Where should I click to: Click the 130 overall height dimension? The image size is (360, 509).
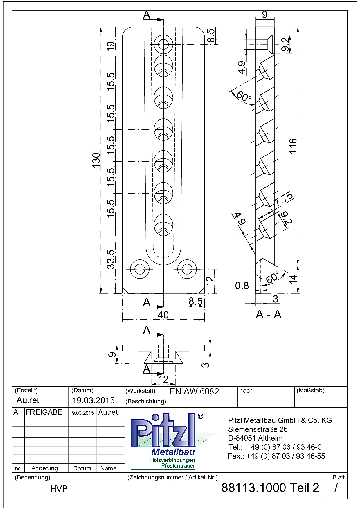coord(96,160)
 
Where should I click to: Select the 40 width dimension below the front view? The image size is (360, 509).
coord(163,315)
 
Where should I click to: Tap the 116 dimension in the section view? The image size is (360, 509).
coord(293,146)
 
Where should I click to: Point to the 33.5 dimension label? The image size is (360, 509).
coord(111,259)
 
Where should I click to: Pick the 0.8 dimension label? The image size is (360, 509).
coord(242,286)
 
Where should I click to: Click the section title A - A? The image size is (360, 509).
coord(269,314)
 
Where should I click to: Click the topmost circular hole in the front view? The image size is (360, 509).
coord(163,44)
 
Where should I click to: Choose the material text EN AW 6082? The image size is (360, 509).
coord(194,391)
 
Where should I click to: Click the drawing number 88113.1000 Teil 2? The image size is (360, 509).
coord(270,488)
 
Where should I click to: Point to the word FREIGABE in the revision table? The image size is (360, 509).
coord(44,412)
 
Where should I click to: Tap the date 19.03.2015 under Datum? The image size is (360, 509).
coord(93,400)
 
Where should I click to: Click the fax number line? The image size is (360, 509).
coord(276,456)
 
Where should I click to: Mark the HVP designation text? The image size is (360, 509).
coord(59,489)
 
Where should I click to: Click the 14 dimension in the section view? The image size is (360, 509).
coord(293,279)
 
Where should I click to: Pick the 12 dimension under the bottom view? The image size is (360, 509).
coord(163,379)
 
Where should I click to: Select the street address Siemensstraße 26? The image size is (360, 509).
coord(258,429)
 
